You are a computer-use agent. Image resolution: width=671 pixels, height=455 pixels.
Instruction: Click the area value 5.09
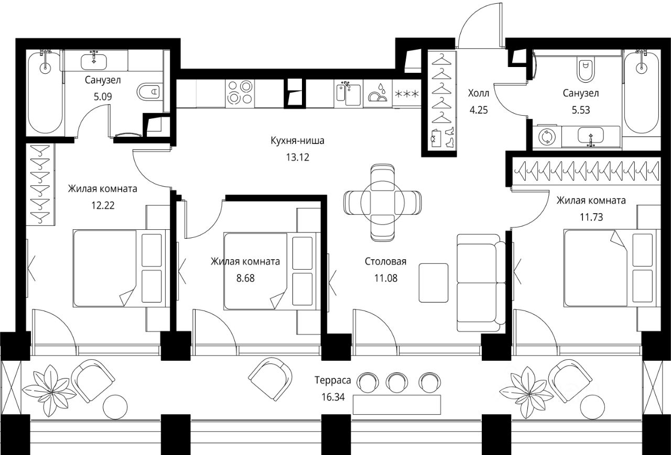(103, 97)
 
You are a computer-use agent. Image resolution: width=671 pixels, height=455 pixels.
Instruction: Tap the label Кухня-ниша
(297, 140)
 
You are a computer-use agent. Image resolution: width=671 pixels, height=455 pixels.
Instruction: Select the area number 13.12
(297, 157)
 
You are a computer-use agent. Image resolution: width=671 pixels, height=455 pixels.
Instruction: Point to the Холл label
(479, 93)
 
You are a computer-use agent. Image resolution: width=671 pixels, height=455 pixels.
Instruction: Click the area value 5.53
(581, 110)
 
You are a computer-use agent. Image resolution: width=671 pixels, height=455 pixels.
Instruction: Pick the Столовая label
(385, 261)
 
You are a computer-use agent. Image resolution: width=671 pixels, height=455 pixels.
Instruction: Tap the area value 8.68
(245, 278)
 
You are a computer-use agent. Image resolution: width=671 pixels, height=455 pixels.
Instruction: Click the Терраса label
(333, 380)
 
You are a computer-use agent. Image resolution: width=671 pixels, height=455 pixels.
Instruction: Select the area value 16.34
(333, 397)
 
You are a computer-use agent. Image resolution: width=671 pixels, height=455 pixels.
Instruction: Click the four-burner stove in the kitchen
(240, 93)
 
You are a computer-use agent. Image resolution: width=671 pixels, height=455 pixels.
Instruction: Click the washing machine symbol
(547, 137)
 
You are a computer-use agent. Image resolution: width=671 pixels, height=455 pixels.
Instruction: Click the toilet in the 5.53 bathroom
(586, 70)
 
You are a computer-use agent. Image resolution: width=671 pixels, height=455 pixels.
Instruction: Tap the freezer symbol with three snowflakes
(407, 94)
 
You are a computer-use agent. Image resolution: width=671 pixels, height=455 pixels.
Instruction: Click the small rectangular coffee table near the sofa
(434, 283)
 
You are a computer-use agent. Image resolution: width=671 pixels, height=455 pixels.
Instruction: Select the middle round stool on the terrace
(397, 382)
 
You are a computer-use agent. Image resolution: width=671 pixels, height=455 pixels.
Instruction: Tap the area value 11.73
(591, 217)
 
